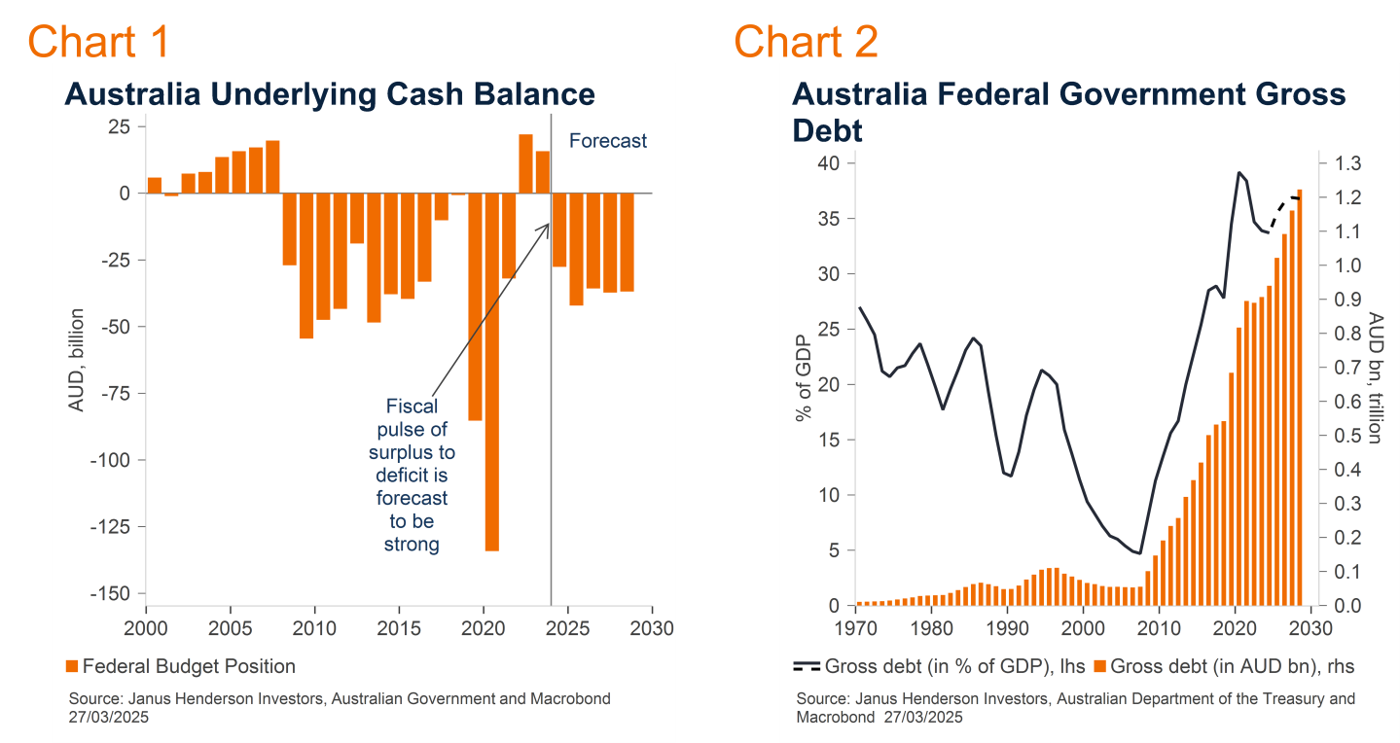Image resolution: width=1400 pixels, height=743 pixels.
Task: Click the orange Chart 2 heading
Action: [x=806, y=41]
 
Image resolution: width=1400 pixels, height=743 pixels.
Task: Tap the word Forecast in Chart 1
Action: [x=608, y=141]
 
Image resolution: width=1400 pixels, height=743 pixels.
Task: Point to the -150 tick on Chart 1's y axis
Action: [x=110, y=593]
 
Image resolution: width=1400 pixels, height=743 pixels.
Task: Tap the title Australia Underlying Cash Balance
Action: [x=329, y=94]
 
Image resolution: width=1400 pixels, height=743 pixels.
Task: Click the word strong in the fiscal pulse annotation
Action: [x=412, y=545]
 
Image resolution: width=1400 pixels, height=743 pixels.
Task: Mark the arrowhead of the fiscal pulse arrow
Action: [x=548, y=225]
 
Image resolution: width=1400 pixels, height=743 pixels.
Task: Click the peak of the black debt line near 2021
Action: [x=1239, y=172]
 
